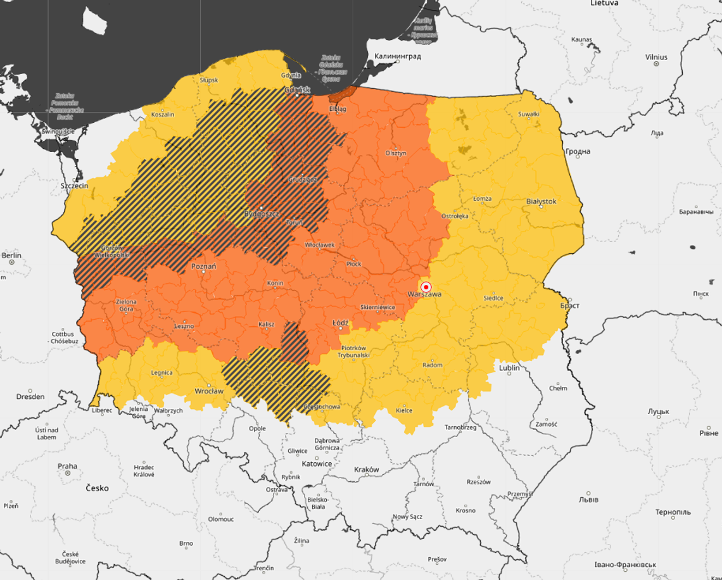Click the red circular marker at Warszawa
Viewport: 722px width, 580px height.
pyautogui.click(x=426, y=286)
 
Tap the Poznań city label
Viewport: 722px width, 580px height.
pyautogui.click(x=203, y=267)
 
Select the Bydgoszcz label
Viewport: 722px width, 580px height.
pyautogui.click(x=262, y=214)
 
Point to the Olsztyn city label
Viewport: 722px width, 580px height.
pyautogui.click(x=396, y=153)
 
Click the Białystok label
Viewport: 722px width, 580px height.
pyautogui.click(x=541, y=201)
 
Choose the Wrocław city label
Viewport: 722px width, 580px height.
pyautogui.click(x=209, y=391)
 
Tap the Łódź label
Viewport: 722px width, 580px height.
pyautogui.click(x=341, y=323)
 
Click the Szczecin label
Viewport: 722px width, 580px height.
pyautogui.click(x=74, y=187)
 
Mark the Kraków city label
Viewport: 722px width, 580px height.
pyautogui.click(x=367, y=470)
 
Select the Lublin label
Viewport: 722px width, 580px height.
pyautogui.click(x=509, y=368)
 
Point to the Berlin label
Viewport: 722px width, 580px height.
pyautogui.click(x=11, y=256)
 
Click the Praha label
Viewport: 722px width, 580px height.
pyautogui.click(x=67, y=467)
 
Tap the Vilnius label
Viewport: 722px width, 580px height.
pyautogui.click(x=656, y=57)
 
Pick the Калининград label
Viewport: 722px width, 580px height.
pyautogui.click(x=398, y=56)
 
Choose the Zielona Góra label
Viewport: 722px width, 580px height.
pyautogui.click(x=126, y=305)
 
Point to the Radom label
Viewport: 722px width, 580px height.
pyautogui.click(x=433, y=365)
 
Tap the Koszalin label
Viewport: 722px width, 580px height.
pyautogui.click(x=163, y=115)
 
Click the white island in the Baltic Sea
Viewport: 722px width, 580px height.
pyautogui.click(x=95, y=22)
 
